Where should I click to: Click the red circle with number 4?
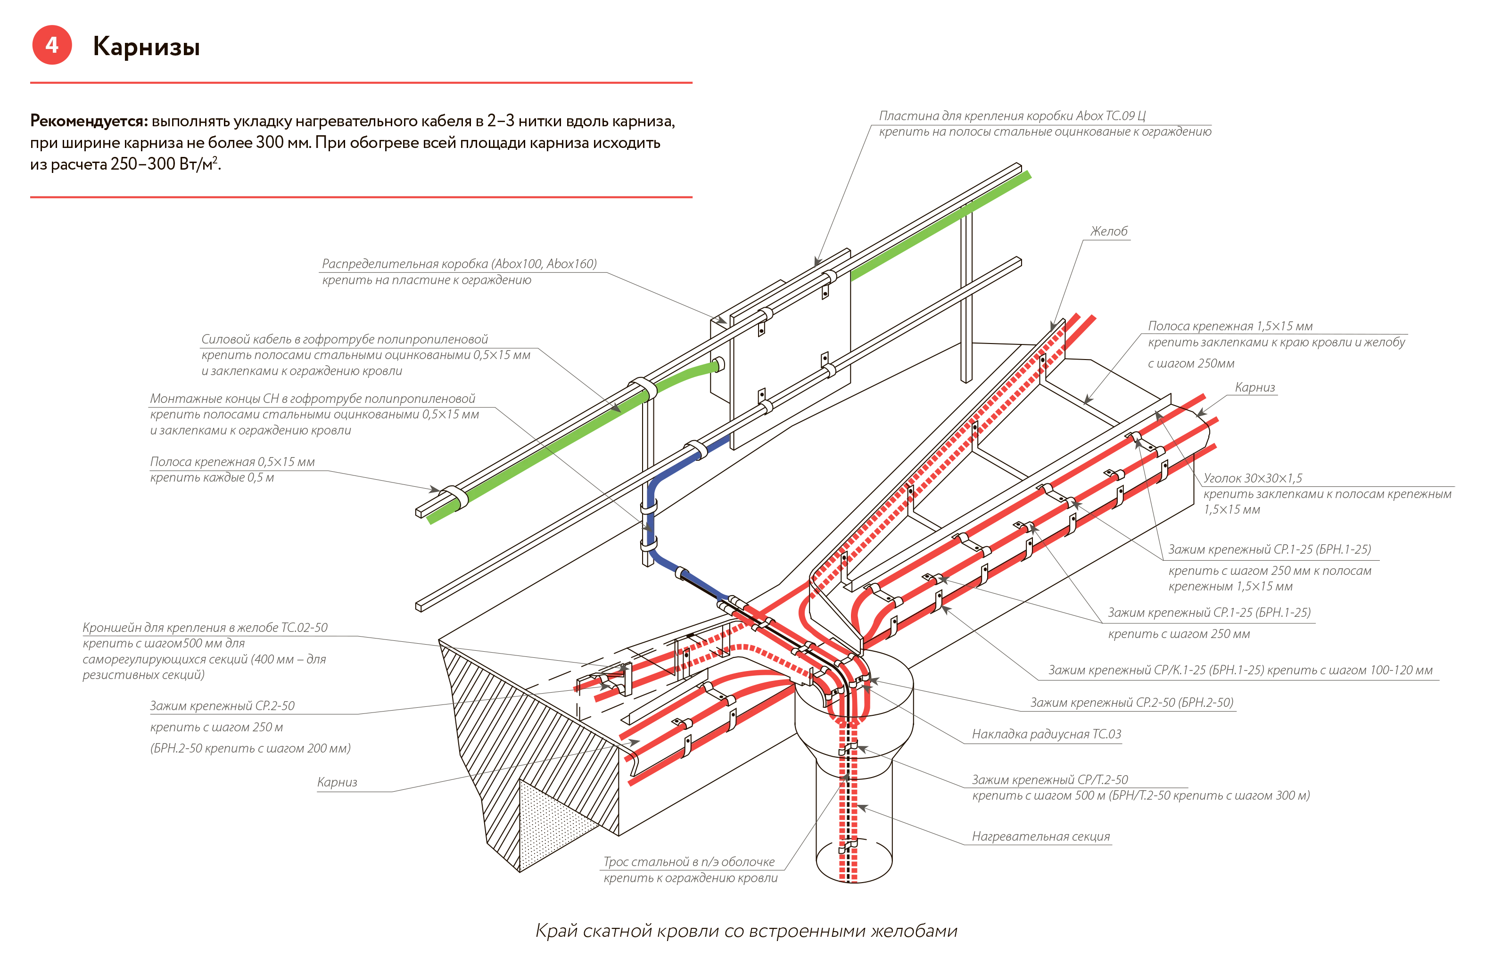[52, 45]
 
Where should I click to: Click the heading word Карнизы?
[147, 47]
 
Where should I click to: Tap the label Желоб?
[1109, 231]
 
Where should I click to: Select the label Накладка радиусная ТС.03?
[1047, 734]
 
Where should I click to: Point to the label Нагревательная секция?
[1041, 837]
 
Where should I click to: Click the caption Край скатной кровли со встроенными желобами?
[746, 931]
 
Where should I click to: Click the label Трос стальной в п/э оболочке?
[689, 862]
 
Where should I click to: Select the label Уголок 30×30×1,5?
[1253, 478]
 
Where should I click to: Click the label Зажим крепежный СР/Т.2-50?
[1049, 779]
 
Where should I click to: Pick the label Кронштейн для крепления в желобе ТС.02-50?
[205, 627]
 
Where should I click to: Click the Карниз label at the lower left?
[337, 782]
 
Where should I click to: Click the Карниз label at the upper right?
[1255, 387]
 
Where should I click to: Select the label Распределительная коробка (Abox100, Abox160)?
[459, 264]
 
